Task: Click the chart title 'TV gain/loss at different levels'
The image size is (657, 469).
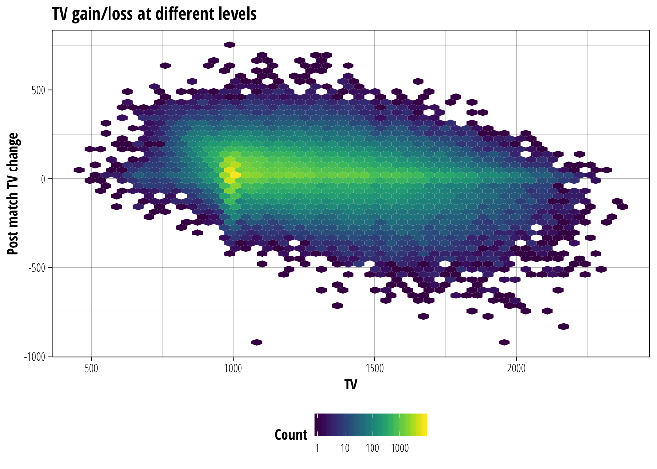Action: (x=154, y=14)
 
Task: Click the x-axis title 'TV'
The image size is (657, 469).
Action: (x=350, y=384)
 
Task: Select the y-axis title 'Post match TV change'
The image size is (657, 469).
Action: (x=13, y=193)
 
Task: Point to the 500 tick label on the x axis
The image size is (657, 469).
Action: (x=91, y=368)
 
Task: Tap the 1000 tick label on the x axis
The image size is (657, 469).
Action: (x=233, y=368)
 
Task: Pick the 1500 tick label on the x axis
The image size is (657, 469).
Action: (x=374, y=368)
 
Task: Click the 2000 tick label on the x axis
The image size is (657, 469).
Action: (x=516, y=368)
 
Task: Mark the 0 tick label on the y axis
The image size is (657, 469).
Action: (x=43, y=179)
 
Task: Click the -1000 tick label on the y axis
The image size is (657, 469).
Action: (x=34, y=356)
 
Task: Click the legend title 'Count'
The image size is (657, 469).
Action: (x=291, y=435)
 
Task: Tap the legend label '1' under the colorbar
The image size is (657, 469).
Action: (x=317, y=448)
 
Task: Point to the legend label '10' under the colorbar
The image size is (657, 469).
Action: (x=345, y=448)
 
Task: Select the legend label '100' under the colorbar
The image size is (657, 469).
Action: (x=372, y=448)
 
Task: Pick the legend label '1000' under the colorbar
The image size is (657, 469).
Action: (x=400, y=448)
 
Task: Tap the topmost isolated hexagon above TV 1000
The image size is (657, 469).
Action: (x=230, y=45)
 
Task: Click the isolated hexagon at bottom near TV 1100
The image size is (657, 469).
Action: (x=257, y=342)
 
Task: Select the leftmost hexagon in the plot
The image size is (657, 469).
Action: (x=79, y=170)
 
